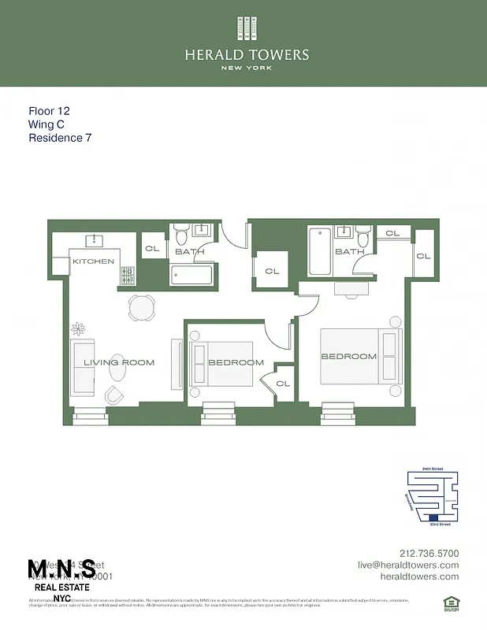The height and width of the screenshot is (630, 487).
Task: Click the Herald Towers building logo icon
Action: coord(247,28)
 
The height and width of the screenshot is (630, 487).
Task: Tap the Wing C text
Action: coord(47,124)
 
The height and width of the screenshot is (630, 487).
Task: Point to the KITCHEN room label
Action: coord(94,261)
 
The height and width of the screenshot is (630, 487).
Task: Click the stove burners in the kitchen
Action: coord(127,275)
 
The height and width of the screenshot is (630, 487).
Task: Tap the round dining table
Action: coord(143,308)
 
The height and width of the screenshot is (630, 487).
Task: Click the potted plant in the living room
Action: coord(79,328)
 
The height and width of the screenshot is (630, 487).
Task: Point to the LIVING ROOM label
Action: coord(120,363)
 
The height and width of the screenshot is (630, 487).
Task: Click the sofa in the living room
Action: coord(84,368)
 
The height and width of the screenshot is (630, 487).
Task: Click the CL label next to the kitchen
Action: coord(152,246)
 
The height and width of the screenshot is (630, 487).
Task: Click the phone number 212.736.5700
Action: coord(429,553)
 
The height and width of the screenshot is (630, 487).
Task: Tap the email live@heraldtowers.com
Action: coord(407,565)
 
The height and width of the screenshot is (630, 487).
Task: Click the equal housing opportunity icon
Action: coord(450,602)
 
